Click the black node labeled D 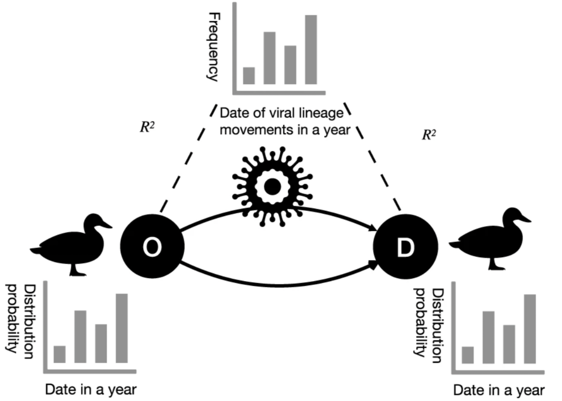(405, 247)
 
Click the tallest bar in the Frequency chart (311, 49)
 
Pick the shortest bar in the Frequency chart (249, 75)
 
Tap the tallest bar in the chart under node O (122, 327)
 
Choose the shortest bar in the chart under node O (60, 354)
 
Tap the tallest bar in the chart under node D (529, 328)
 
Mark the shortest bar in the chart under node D (468, 355)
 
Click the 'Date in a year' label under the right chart (499, 390)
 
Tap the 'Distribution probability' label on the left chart (22, 318)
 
